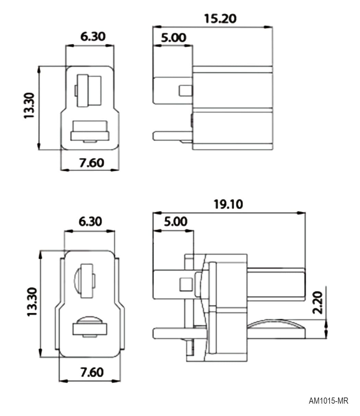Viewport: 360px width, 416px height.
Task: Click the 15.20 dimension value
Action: (x=220, y=19)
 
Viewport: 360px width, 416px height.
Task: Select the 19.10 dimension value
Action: (x=228, y=204)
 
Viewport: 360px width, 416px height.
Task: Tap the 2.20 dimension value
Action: (x=317, y=303)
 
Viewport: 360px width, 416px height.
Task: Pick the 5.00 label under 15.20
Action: (x=173, y=38)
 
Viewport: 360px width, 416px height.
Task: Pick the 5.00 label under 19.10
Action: (x=176, y=222)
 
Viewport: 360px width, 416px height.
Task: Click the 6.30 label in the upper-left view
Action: (x=93, y=36)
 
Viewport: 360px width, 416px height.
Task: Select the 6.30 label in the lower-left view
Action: (x=90, y=222)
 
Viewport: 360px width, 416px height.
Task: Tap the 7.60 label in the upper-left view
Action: (x=92, y=163)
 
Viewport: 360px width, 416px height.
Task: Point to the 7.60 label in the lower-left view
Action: (x=92, y=372)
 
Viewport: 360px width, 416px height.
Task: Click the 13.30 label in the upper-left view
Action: (x=29, y=106)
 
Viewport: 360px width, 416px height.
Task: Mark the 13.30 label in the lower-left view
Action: (x=32, y=302)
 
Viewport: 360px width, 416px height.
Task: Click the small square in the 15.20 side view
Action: (x=185, y=91)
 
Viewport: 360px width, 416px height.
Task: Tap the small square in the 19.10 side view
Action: (x=186, y=284)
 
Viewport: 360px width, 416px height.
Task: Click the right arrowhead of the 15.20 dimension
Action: (x=268, y=27)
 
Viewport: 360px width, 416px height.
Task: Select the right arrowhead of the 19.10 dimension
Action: (x=301, y=213)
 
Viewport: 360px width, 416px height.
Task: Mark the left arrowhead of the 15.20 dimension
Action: (x=157, y=27)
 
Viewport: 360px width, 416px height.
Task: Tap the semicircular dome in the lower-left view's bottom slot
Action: (x=90, y=320)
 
